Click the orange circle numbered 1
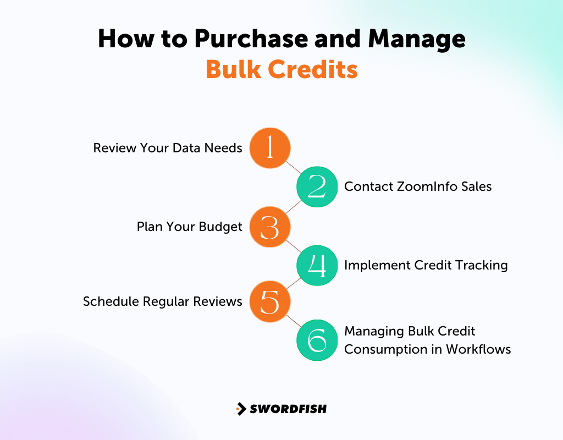pos(270,148)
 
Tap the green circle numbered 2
pos(317,187)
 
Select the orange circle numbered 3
pos(270,227)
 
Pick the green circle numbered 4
pos(317,266)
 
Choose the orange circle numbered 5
pos(270,301)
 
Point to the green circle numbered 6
pos(317,340)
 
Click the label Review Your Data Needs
pos(168,148)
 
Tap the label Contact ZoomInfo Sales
pos(418,186)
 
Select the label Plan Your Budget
pos(190,227)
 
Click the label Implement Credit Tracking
pos(426,265)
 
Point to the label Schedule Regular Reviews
pos(163,301)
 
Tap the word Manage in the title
pos(417,40)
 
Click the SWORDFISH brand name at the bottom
pos(288,409)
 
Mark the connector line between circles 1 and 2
pos(294,167)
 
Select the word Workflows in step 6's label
pos(478,349)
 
